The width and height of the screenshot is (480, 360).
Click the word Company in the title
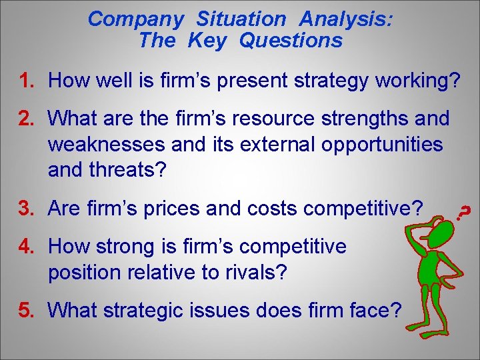click(135, 19)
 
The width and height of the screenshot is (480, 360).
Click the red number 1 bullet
click(27, 81)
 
